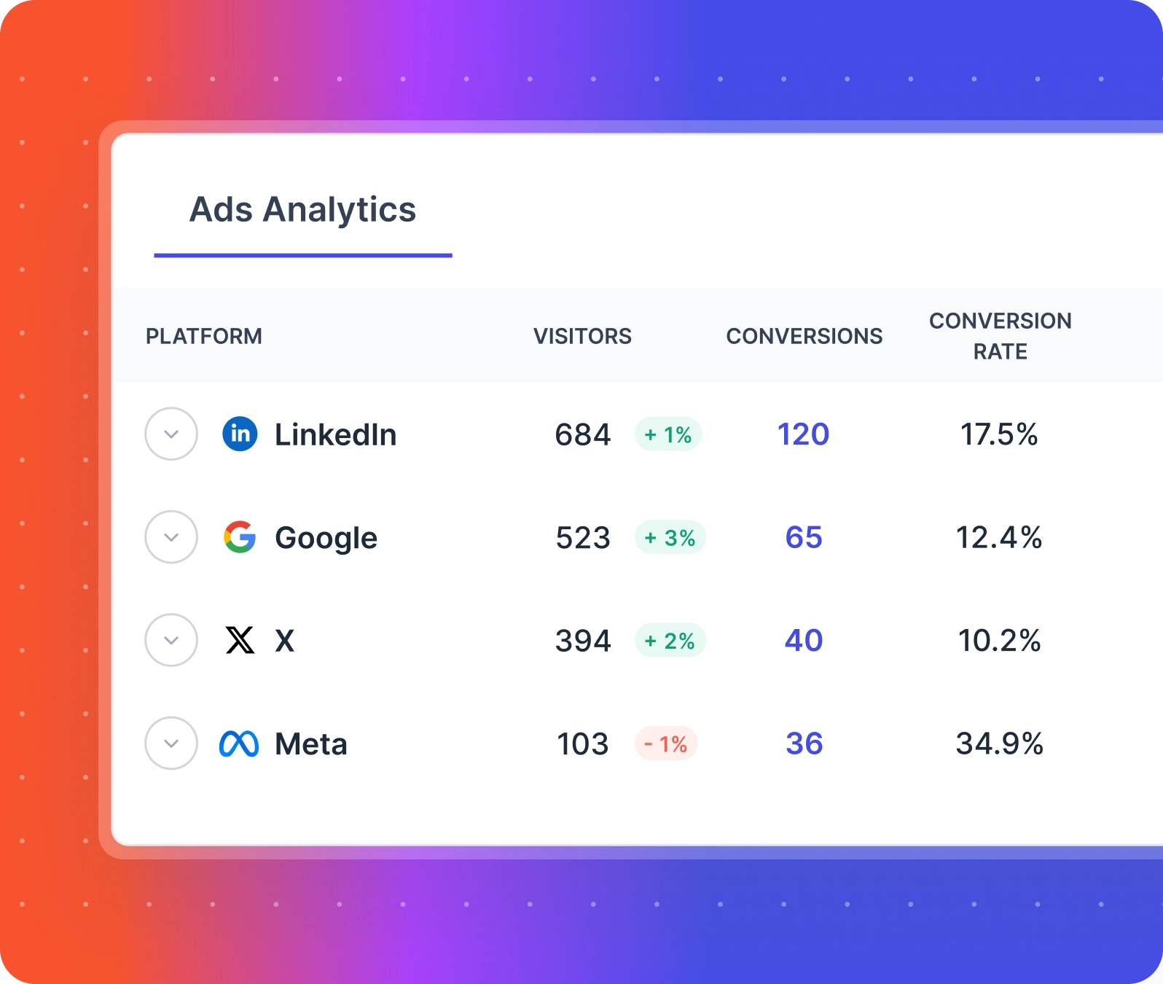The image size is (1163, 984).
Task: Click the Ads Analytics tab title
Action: (x=302, y=210)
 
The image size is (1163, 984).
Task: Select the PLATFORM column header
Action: (x=204, y=336)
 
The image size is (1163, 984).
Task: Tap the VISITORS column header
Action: (x=582, y=336)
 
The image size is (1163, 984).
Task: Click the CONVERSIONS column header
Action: (x=804, y=336)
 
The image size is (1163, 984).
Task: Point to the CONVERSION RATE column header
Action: (x=1000, y=336)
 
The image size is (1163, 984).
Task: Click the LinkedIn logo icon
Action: (x=240, y=434)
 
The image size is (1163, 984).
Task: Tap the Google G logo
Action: (x=240, y=537)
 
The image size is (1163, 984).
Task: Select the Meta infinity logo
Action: (x=239, y=743)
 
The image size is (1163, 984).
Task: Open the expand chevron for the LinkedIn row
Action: (x=171, y=434)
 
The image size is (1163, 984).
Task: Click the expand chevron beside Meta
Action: (x=171, y=743)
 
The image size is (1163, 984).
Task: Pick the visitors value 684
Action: (x=582, y=434)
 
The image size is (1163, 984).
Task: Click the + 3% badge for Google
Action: (x=670, y=538)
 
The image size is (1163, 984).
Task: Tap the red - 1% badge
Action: (x=666, y=743)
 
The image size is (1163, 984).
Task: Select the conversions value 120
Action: (x=803, y=434)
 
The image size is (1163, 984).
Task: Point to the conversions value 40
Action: (x=803, y=641)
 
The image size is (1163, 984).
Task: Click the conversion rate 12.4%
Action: (x=999, y=538)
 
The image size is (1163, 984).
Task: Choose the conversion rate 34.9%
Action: (x=999, y=743)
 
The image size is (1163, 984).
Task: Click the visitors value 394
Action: (x=582, y=641)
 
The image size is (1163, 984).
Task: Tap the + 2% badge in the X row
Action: (x=670, y=641)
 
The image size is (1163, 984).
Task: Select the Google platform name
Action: (x=326, y=538)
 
